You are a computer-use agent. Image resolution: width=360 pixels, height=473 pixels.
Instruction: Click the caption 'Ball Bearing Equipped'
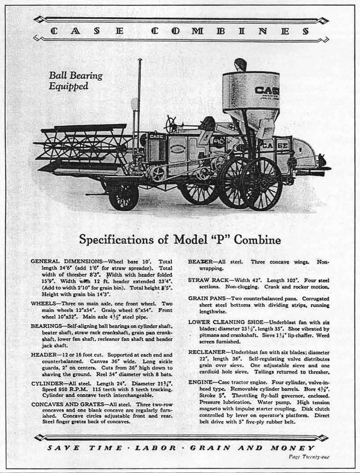(x=75, y=81)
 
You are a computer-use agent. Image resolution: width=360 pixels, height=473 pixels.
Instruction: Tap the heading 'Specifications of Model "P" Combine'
(x=180, y=240)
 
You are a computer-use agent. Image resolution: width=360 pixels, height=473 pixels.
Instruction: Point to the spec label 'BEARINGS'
(x=46, y=326)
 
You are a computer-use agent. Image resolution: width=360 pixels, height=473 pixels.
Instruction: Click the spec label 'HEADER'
(x=43, y=355)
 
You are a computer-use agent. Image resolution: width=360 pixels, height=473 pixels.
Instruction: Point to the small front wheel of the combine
(x=124, y=197)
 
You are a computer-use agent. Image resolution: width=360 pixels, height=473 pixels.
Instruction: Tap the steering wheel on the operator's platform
(x=171, y=124)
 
